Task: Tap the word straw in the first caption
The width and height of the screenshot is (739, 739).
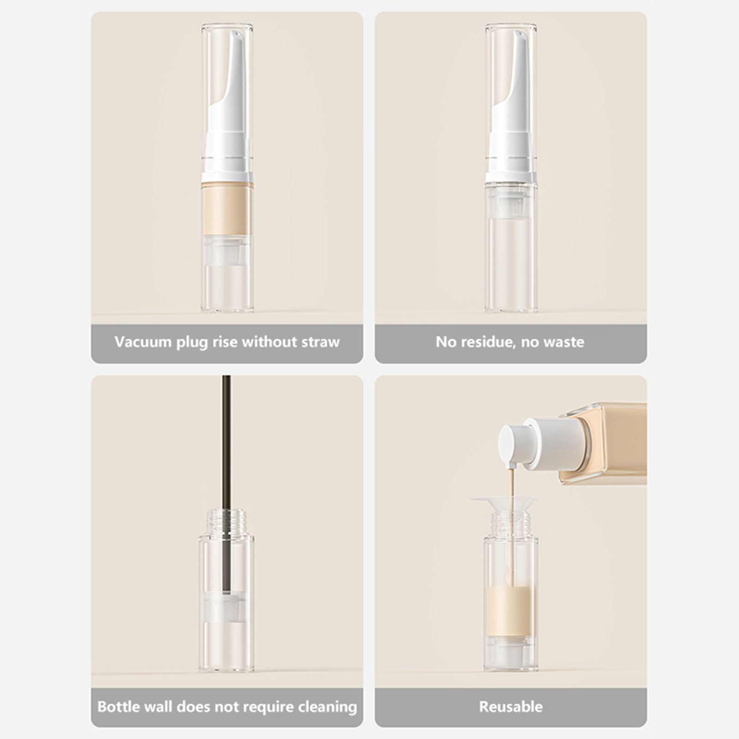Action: tap(321, 342)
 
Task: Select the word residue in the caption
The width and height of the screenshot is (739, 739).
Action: tap(485, 342)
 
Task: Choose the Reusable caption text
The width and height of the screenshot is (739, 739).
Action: tap(511, 707)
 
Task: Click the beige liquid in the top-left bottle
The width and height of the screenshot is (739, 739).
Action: tap(227, 209)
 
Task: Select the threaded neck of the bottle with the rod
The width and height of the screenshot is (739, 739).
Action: tap(226, 521)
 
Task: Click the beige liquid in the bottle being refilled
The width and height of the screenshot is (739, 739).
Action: tap(511, 612)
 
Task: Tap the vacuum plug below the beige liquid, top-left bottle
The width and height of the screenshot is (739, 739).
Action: tap(227, 251)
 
